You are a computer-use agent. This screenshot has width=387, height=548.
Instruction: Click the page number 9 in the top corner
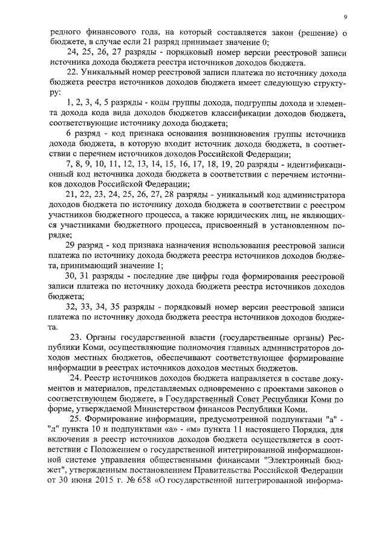(345, 16)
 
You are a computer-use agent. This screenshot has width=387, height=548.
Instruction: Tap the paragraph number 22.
(72, 72)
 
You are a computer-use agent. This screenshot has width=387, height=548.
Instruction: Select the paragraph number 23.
(77, 337)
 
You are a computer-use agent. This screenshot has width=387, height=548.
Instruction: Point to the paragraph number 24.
(77, 378)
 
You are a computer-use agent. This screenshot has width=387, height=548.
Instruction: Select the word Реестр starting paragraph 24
(101, 378)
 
